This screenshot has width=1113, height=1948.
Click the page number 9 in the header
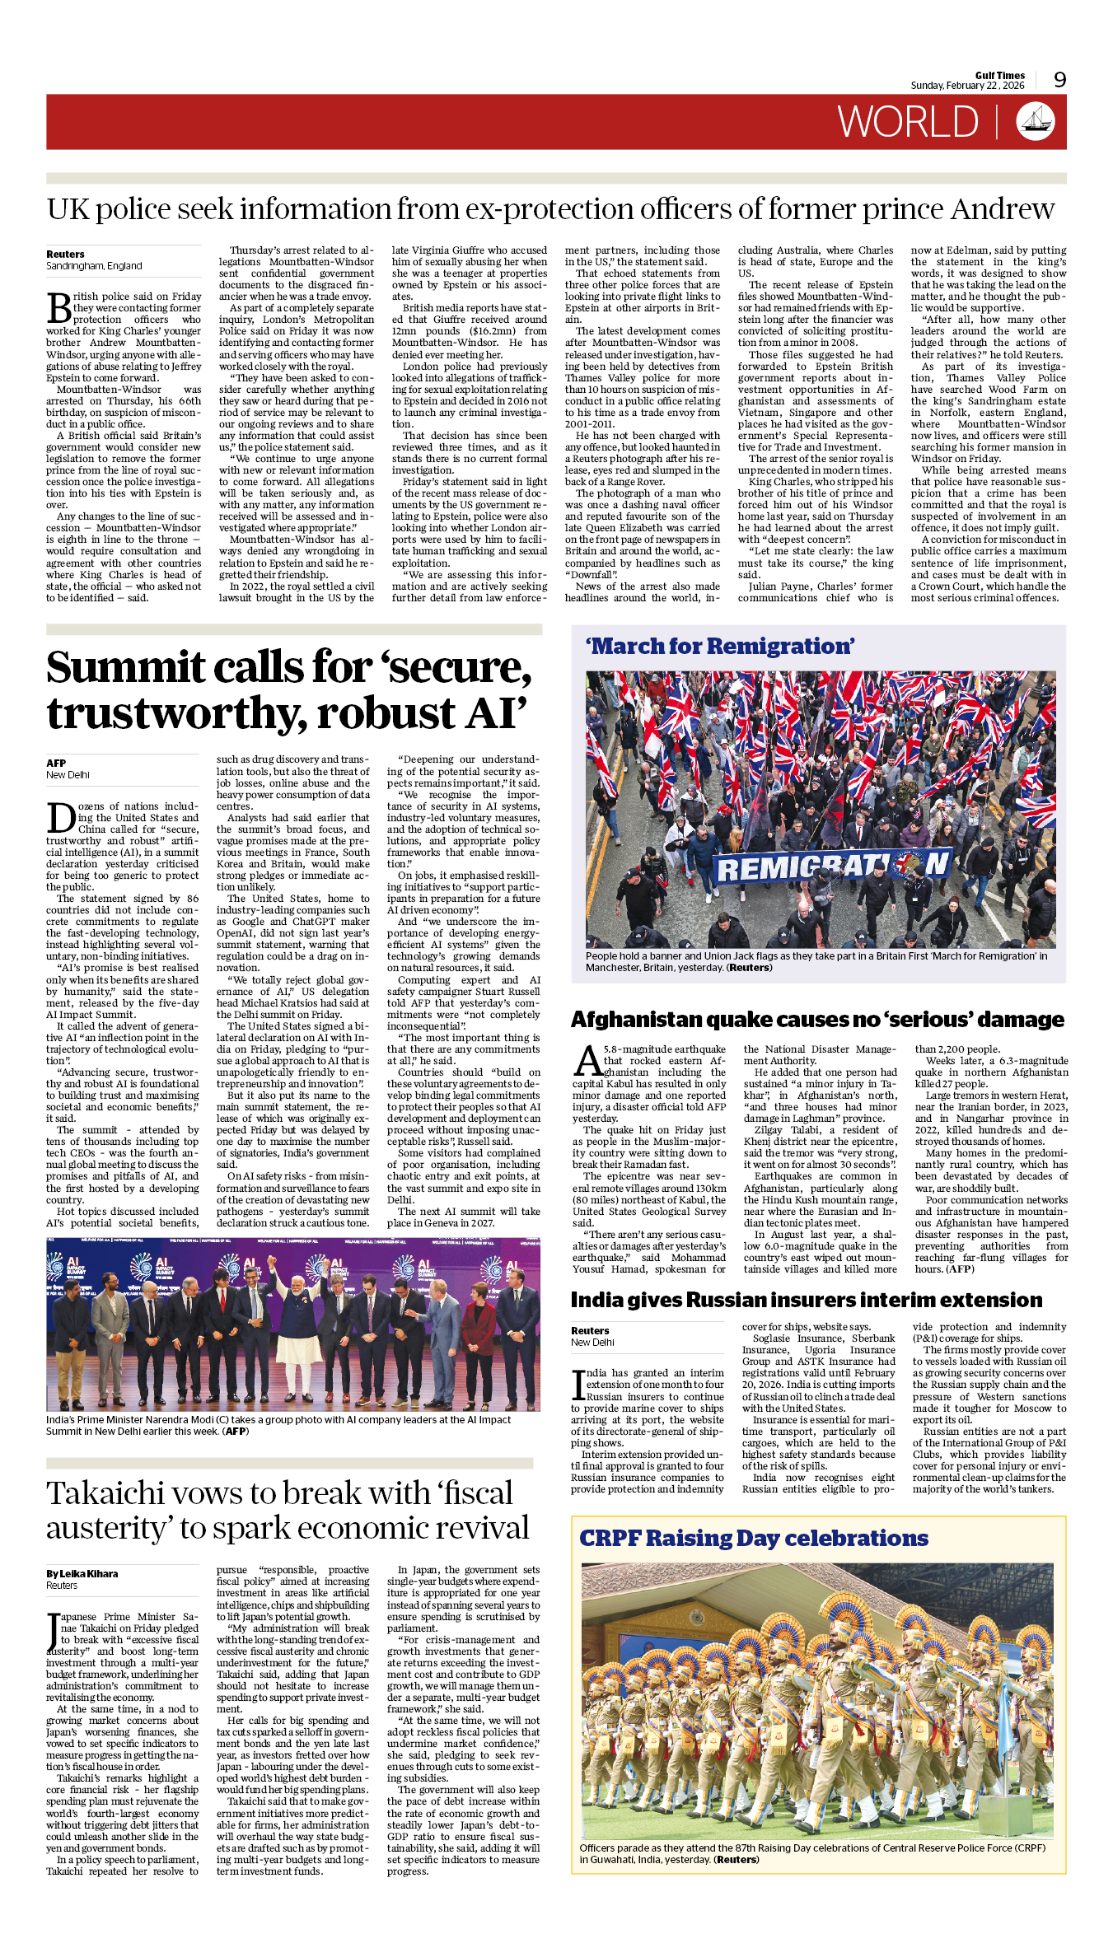pyautogui.click(x=1059, y=80)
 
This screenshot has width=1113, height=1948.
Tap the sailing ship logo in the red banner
pyautogui.click(x=1035, y=122)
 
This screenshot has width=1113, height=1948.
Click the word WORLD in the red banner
pyautogui.click(x=907, y=123)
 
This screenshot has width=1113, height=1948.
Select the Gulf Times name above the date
pyautogui.click(x=999, y=75)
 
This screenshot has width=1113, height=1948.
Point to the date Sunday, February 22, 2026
pyautogui.click(x=967, y=86)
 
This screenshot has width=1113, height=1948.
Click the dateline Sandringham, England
pyautogui.click(x=94, y=266)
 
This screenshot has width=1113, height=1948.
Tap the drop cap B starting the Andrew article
pyautogui.click(x=59, y=308)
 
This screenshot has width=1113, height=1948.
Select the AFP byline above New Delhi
pyautogui.click(x=56, y=763)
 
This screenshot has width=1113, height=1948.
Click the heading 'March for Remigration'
pyautogui.click(x=720, y=647)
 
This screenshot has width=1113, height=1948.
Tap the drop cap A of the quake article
pyautogui.click(x=587, y=1061)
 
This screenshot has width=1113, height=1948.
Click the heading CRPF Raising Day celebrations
pyautogui.click(x=753, y=1538)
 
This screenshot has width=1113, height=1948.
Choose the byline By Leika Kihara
pyautogui.click(x=82, y=1573)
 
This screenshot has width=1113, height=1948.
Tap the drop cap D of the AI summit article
pyautogui.click(x=61, y=818)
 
